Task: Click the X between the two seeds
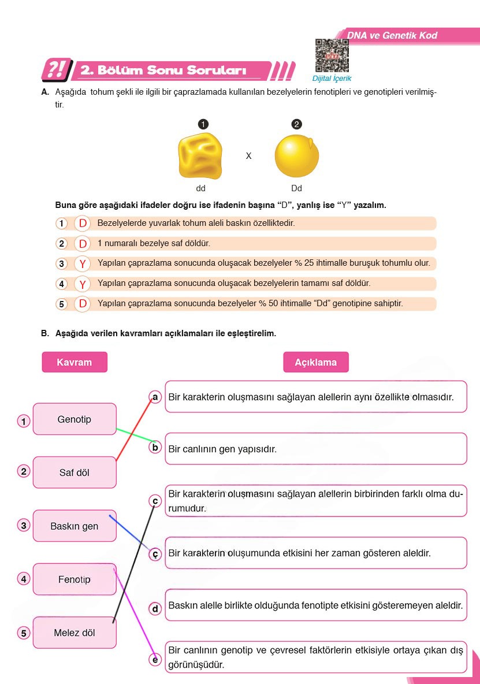tap(248, 156)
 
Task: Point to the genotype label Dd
tap(296, 188)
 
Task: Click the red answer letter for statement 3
tap(83, 264)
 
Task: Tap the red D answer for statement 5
tap(83, 304)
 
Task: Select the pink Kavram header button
tap(75, 362)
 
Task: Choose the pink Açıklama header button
tap(315, 362)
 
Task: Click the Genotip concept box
tap(75, 419)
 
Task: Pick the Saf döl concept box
tap(75, 473)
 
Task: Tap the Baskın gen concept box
tap(75, 526)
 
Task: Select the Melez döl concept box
tap(75, 633)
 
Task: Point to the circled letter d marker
tap(155, 608)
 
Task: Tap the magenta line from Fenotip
tap(134, 612)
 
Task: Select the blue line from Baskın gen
tap(130, 532)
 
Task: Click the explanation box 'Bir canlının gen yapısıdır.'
tap(315, 449)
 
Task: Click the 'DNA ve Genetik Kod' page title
tap(392, 36)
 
